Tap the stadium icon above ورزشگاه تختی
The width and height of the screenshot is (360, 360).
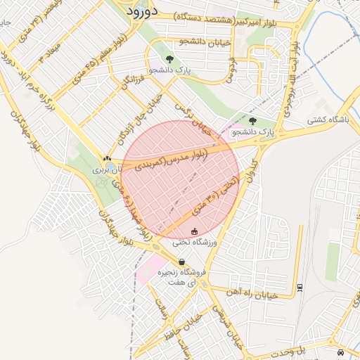coord(195,231)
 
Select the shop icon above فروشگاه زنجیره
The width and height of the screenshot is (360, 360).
coord(182,262)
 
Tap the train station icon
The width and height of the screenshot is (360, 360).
coord(300,287)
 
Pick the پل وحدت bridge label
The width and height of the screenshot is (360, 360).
coord(309,349)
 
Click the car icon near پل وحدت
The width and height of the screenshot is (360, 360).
coord(340,352)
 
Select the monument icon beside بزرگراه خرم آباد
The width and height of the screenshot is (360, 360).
coord(107,159)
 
